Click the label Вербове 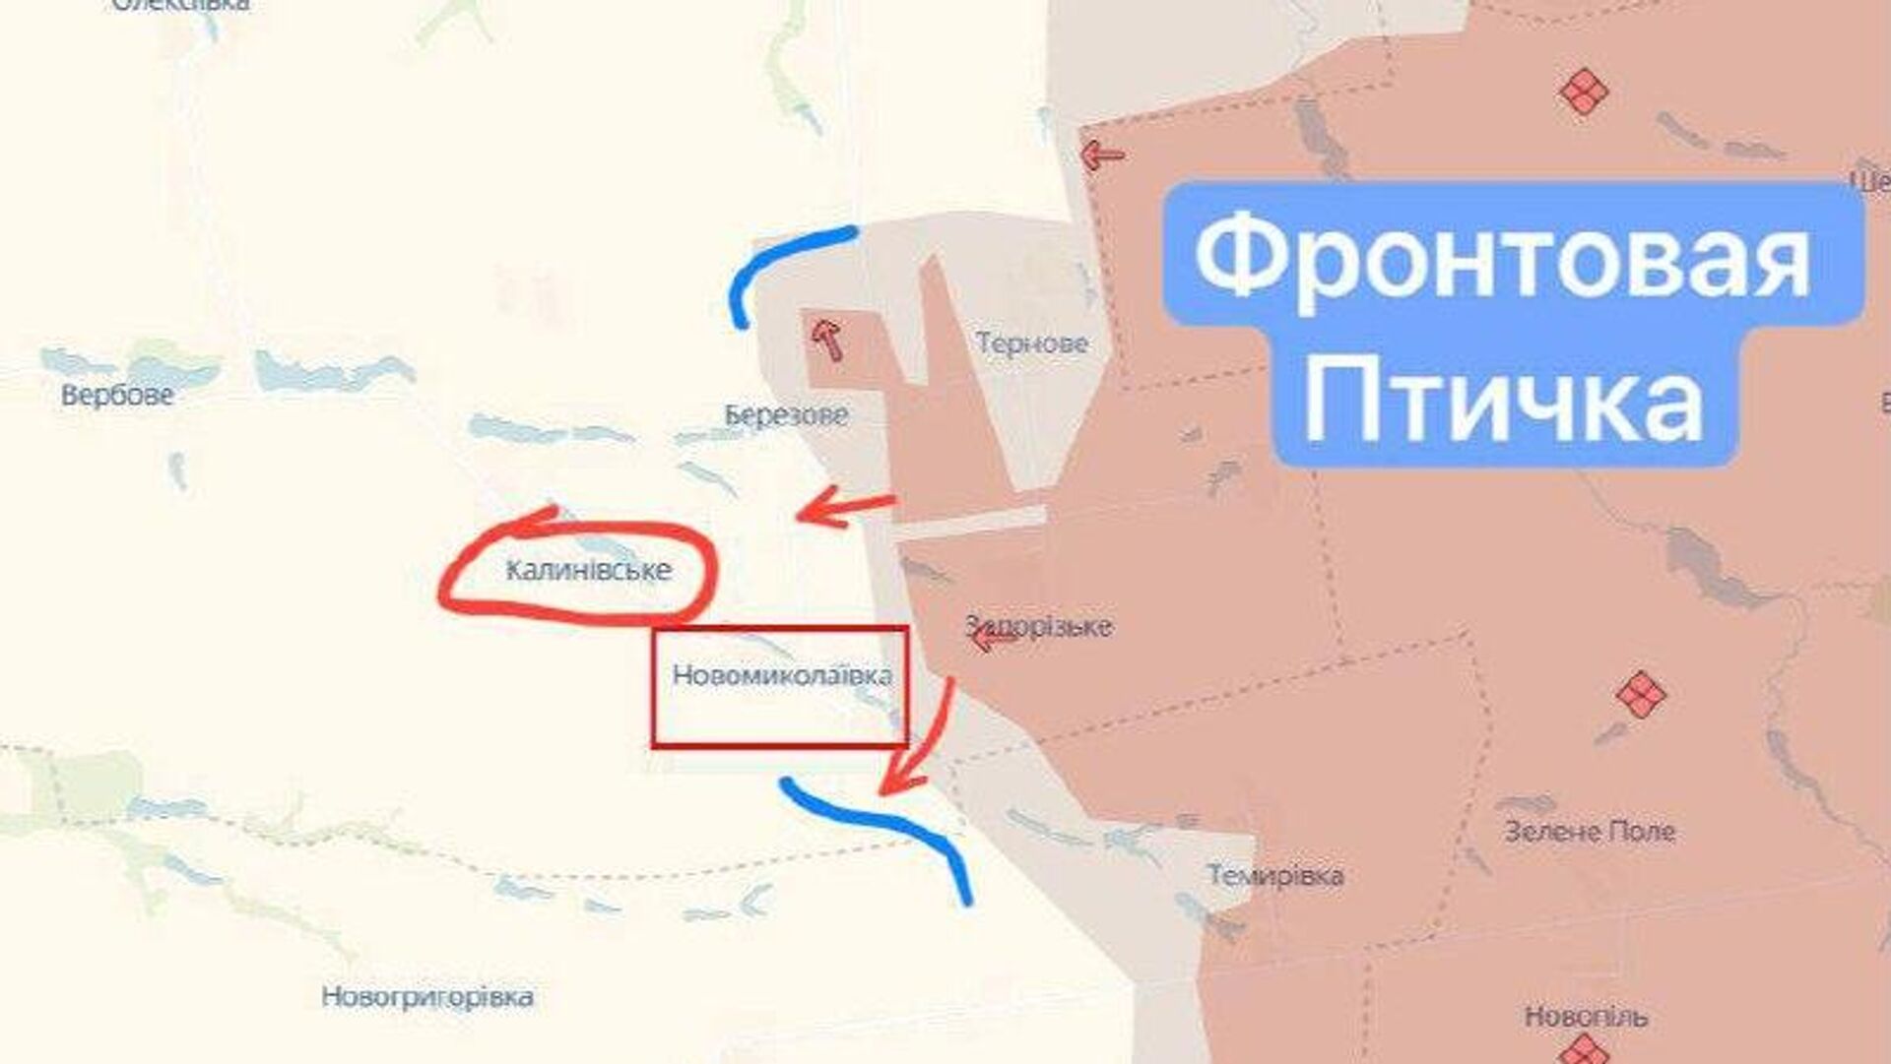(117, 396)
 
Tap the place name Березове (786, 415)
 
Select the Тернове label (1031, 344)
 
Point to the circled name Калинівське (588, 570)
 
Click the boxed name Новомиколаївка (782, 676)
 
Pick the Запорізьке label (1039, 627)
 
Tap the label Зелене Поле (1590, 832)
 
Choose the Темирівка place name (1274, 875)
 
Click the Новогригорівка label (427, 997)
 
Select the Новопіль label (1585, 1016)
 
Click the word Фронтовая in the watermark (1503, 258)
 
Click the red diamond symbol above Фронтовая (1584, 93)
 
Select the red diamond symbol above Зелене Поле (1640, 695)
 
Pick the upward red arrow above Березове (828, 340)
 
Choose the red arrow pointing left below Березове (843, 508)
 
